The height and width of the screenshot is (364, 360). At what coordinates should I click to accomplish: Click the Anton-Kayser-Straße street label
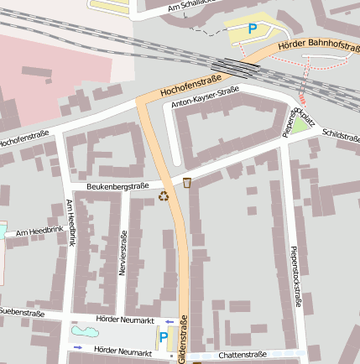point(206,97)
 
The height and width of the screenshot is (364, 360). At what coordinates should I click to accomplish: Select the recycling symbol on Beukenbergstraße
point(164,196)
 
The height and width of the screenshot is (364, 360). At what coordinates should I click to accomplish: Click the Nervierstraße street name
point(123,252)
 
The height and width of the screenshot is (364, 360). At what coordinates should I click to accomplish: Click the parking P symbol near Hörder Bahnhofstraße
point(252,29)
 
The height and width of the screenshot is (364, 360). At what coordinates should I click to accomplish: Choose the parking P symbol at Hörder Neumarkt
point(164,337)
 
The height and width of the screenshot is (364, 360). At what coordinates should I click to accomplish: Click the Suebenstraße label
point(22,312)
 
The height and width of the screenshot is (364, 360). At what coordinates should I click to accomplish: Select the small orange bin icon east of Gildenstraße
point(187,182)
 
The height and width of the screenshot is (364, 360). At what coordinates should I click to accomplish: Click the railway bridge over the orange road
point(236,66)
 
